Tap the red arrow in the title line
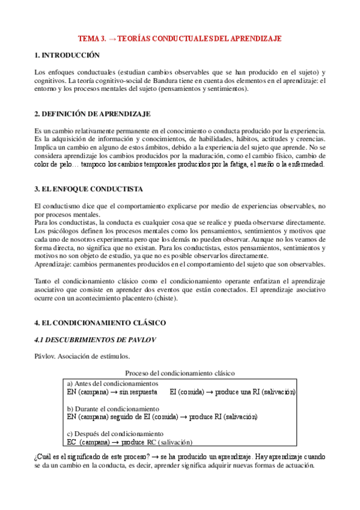coord(113,38)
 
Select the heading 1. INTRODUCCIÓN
coord(67,55)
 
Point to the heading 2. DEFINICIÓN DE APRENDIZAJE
coord(93,114)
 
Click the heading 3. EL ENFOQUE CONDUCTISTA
coord(89,189)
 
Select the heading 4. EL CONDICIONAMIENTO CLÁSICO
coord(100,323)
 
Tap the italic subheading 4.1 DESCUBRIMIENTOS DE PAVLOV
coord(96,340)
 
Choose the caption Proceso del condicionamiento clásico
coord(180,373)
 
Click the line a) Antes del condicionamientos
coord(112,384)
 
